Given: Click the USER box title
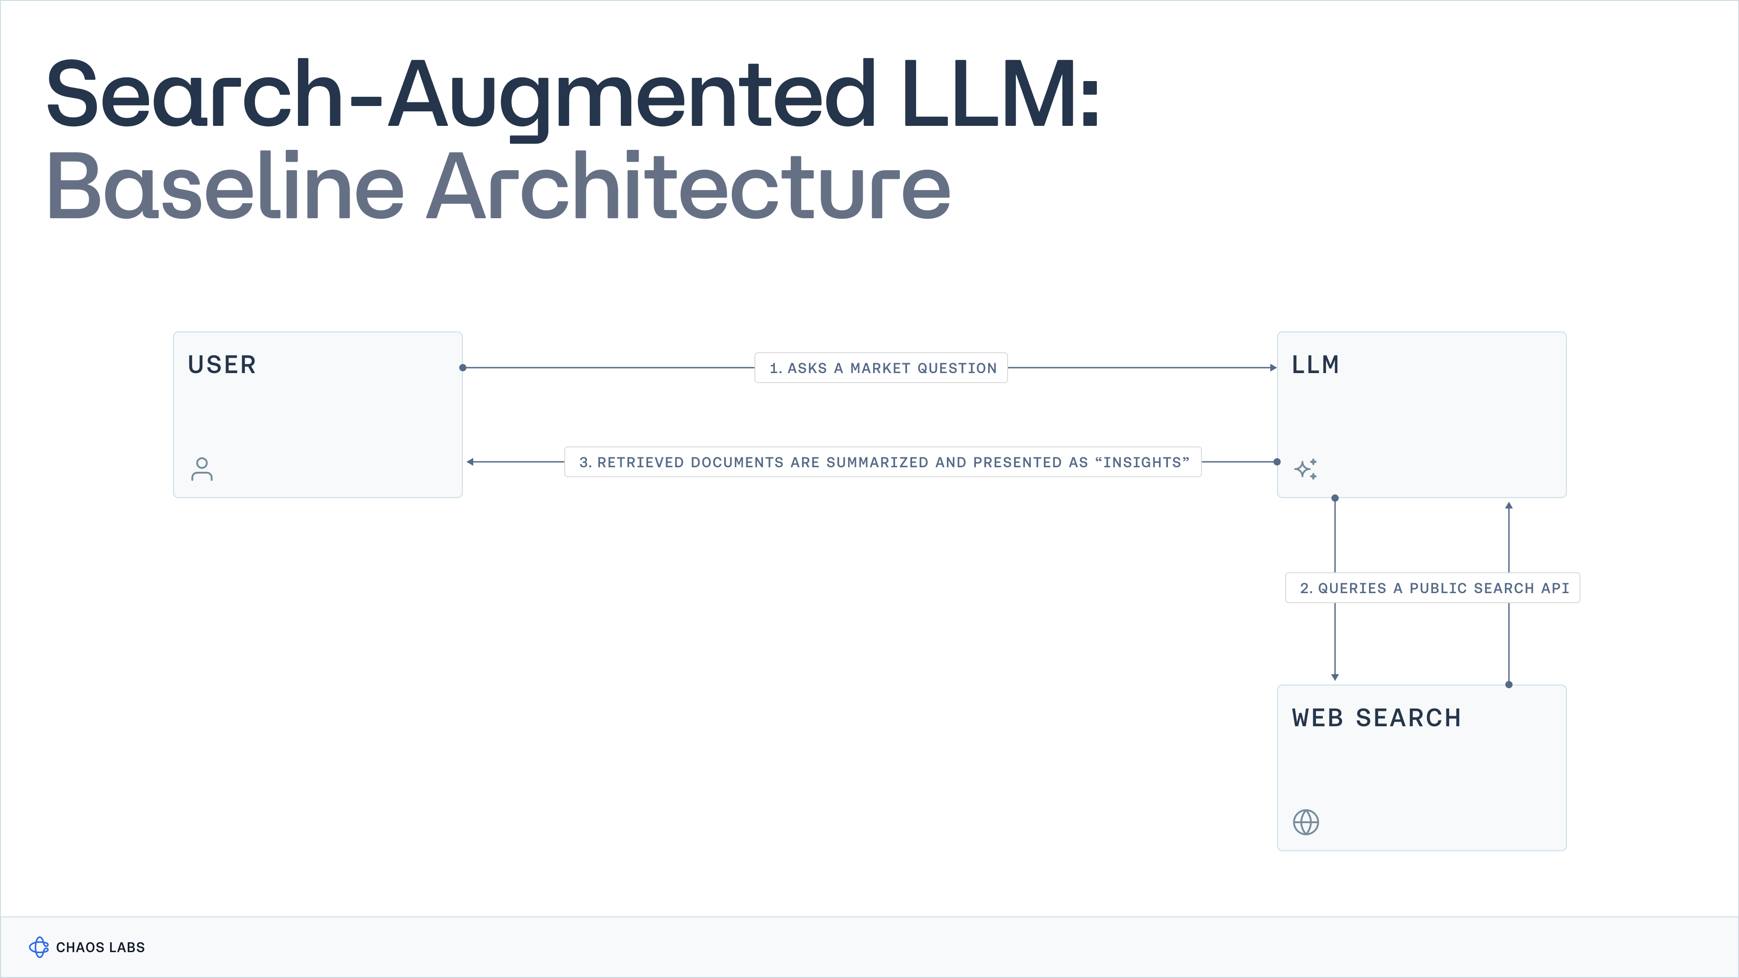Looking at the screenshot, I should pyautogui.click(x=222, y=365).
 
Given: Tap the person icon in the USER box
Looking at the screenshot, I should pyautogui.click(x=202, y=469).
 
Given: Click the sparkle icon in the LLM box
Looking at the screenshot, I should pyautogui.click(x=1306, y=469).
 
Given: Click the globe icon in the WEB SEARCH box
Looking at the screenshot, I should pyautogui.click(x=1306, y=822).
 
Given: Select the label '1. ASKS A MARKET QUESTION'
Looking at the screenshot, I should pyautogui.click(x=882, y=368).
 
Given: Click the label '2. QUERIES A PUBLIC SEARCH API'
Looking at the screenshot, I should pyautogui.click(x=1433, y=588).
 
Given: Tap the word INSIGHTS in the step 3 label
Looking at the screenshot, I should pyautogui.click(x=1142, y=462).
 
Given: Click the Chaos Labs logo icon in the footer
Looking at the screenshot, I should pyautogui.click(x=39, y=947).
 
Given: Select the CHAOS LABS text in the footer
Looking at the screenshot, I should pyautogui.click(x=101, y=948).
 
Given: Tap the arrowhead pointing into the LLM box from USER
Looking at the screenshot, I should pyautogui.click(x=1273, y=368).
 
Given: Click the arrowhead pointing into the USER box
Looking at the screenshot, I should pyautogui.click(x=470, y=462).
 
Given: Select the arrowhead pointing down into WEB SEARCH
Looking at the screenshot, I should pyautogui.click(x=1335, y=677).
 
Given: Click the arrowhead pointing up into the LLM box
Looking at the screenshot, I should pyautogui.click(x=1509, y=505).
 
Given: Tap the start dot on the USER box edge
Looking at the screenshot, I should pyautogui.click(x=462, y=368).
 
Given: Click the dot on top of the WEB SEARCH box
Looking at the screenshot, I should pyautogui.click(x=1509, y=685).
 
